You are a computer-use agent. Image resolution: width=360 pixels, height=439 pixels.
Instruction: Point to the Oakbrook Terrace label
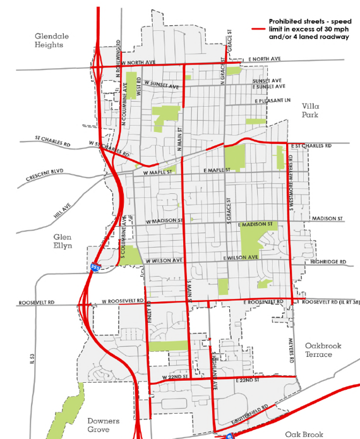click(318, 350)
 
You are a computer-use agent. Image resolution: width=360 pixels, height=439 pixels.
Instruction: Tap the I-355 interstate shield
click(94, 268)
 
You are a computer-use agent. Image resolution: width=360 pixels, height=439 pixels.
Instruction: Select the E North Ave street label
click(265, 58)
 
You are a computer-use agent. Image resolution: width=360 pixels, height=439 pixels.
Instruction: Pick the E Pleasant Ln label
click(272, 100)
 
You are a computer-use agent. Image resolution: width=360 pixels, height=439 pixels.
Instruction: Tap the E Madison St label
click(255, 225)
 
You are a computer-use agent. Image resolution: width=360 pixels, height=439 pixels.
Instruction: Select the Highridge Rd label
click(328, 262)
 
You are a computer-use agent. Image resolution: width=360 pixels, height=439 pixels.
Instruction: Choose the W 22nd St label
click(172, 376)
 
